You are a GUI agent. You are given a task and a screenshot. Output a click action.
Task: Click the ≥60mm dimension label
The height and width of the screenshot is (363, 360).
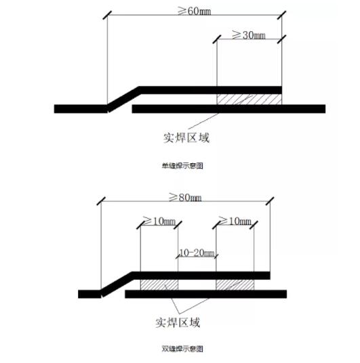(195, 11)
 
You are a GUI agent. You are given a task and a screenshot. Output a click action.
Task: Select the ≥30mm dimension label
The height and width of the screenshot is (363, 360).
(249, 35)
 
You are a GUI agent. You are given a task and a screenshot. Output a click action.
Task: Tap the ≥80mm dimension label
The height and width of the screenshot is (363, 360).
(185, 198)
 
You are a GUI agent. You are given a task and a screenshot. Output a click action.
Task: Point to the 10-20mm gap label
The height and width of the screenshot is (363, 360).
(197, 253)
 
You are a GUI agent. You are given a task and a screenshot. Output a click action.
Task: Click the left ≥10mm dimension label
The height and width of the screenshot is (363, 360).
(159, 221)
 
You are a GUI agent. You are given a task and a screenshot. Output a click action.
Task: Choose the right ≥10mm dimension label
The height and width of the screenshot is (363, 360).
(235, 221)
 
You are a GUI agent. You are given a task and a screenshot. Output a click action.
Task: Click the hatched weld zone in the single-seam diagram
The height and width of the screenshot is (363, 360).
(249, 100)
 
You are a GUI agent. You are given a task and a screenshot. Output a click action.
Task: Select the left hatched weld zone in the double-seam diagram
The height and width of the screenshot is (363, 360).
(159, 284)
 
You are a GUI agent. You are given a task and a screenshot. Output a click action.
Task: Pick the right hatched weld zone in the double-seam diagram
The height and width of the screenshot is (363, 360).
(235, 284)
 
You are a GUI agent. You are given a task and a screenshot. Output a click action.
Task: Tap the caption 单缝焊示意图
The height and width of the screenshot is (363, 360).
(182, 166)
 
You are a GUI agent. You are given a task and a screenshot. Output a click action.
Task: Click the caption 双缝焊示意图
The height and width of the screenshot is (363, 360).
(182, 349)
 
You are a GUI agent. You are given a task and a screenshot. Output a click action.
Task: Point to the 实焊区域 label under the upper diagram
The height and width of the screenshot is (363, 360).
(186, 137)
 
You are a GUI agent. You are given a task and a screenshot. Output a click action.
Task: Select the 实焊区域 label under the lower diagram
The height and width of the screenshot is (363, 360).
(178, 322)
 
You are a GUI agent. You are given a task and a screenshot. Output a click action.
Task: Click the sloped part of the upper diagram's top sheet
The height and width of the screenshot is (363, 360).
(124, 100)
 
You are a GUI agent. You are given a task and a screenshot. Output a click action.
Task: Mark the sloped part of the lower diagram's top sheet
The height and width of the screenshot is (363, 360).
(117, 284)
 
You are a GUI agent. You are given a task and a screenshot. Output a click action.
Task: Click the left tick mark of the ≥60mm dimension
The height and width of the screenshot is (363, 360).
(107, 16)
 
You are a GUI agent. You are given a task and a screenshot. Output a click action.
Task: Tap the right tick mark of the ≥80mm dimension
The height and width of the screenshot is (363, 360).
(270, 201)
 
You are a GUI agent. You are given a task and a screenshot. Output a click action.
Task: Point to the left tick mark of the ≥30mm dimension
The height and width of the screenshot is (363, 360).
(217, 39)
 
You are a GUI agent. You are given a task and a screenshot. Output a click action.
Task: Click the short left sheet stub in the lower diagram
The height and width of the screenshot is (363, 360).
(89, 294)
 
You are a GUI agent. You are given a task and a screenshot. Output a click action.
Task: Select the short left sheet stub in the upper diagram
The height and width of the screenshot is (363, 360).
(81, 109)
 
